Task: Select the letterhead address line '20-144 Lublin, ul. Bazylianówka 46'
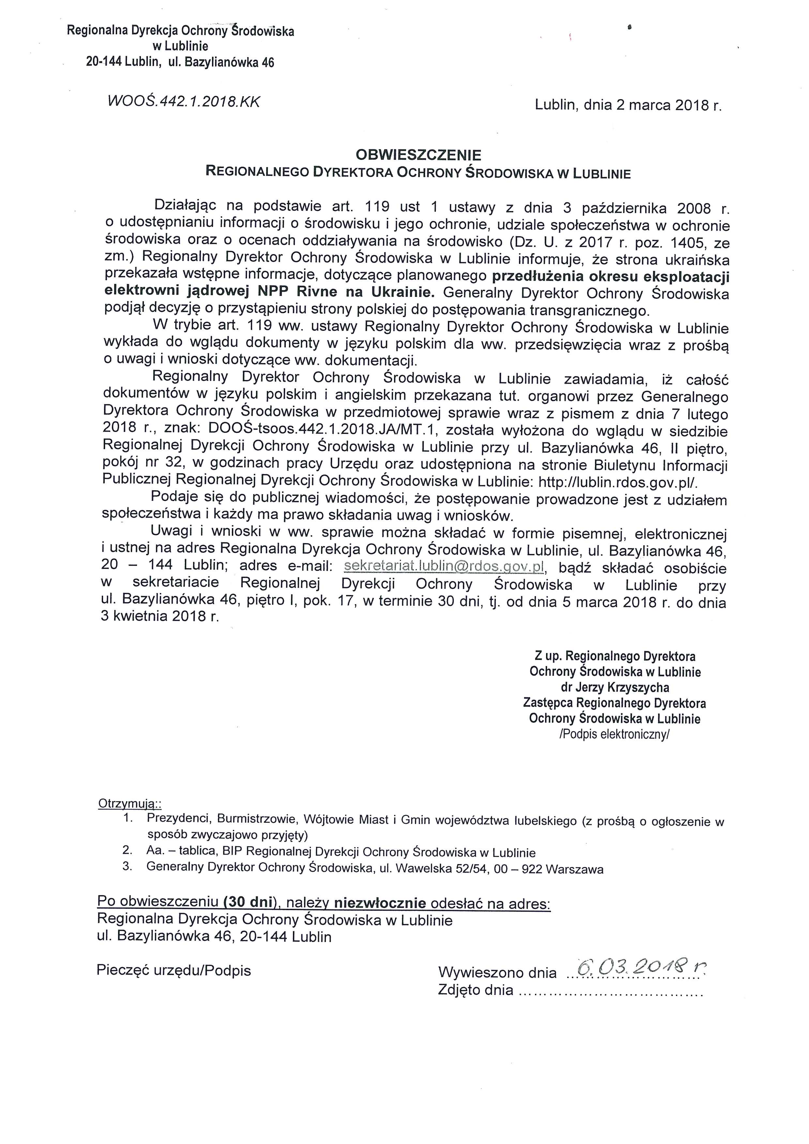pos(180,62)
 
